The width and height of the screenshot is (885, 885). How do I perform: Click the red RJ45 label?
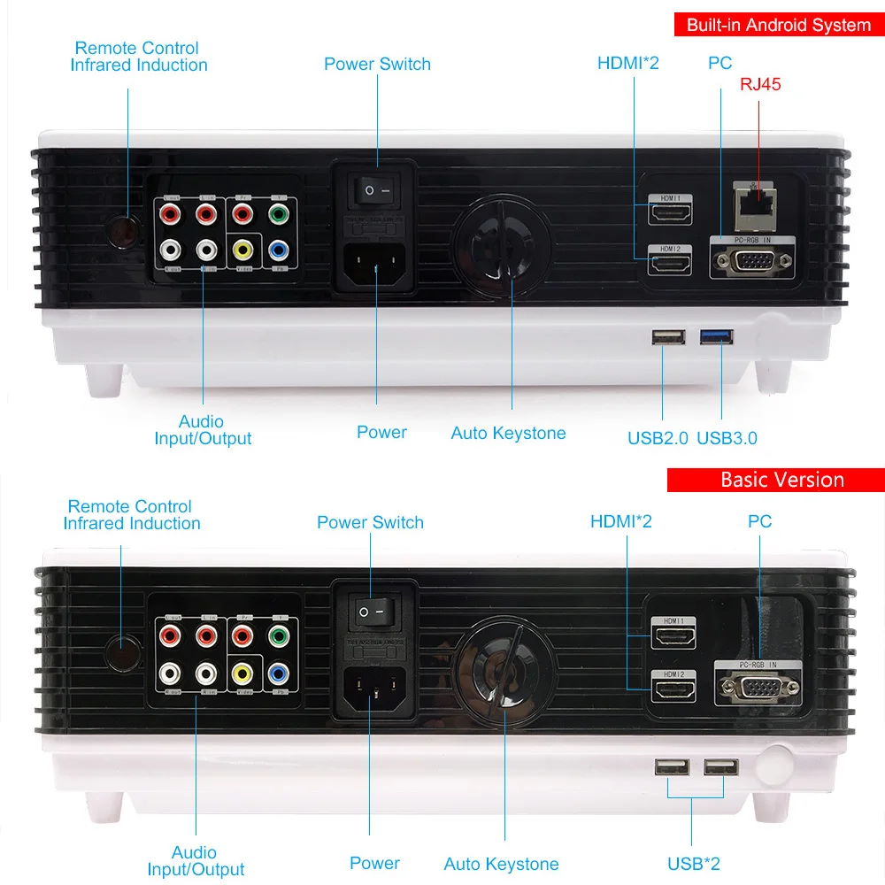760,85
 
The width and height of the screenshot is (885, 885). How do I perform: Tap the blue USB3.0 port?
718,336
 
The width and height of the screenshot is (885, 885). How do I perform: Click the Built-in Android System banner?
779,25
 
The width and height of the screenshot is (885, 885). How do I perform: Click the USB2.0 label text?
658,437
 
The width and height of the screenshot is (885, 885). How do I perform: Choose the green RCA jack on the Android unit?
278,214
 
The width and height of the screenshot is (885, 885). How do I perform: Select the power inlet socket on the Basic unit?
373,688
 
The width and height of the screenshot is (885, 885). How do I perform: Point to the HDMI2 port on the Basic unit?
673,687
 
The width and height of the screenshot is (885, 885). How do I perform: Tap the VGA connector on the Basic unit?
758,688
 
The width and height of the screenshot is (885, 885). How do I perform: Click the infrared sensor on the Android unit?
123,232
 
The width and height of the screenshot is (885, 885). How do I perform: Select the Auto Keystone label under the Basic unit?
501,864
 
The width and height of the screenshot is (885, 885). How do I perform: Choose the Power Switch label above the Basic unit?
370,522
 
